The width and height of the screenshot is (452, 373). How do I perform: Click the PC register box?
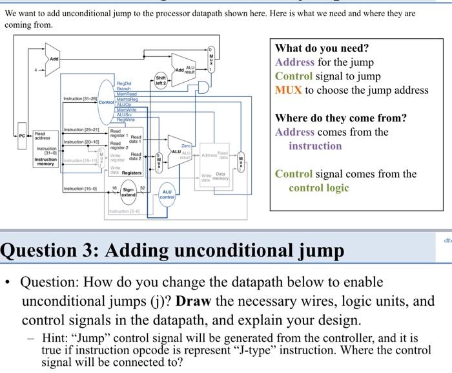21,136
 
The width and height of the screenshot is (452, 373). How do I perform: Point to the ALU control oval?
167,195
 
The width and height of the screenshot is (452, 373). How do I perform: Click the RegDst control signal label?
124,83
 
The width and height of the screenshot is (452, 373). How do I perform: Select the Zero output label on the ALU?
185,147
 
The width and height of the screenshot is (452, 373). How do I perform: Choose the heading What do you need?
322,48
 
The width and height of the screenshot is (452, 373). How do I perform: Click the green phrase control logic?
318,187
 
